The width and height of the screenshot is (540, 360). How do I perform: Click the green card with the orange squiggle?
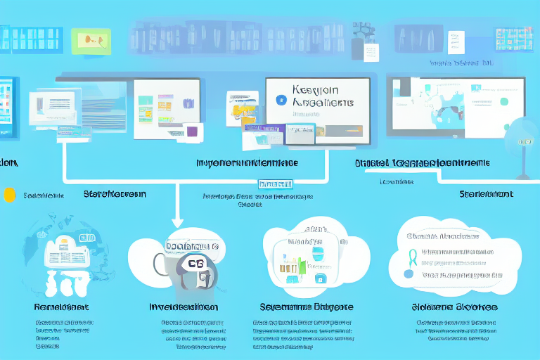pyautogui.click(x=91, y=41)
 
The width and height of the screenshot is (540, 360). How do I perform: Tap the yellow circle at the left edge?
pyautogui.click(x=9, y=194)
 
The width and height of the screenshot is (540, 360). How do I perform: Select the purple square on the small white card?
pyautogui.click(x=191, y=131)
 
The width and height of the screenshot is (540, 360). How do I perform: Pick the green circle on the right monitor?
pyautogui.click(x=503, y=101)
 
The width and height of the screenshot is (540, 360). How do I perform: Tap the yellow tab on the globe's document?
pyautogui.click(x=63, y=243)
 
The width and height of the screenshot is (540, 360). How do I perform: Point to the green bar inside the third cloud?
pyautogui.click(x=302, y=265)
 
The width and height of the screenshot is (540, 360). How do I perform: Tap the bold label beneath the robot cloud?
pyautogui.click(x=184, y=307)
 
